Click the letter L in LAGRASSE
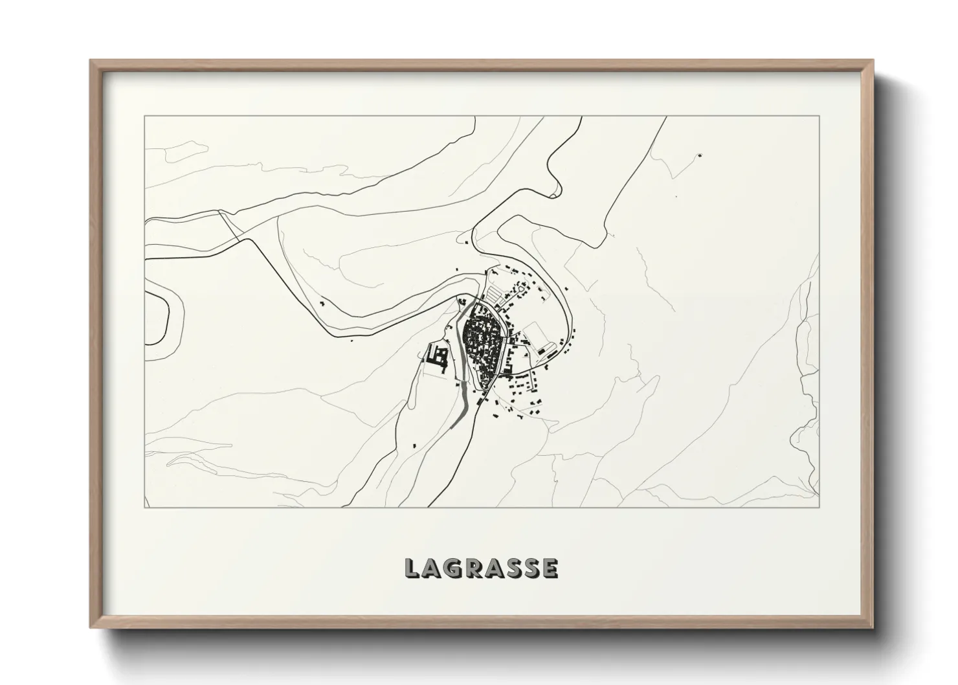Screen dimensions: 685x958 [x=412, y=568]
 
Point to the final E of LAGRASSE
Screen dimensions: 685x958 [x=550, y=568]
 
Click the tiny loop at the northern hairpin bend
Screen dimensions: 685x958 [x=554, y=193]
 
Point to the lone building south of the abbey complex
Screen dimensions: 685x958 [x=414, y=445]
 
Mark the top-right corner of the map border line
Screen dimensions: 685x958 [x=819, y=117]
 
